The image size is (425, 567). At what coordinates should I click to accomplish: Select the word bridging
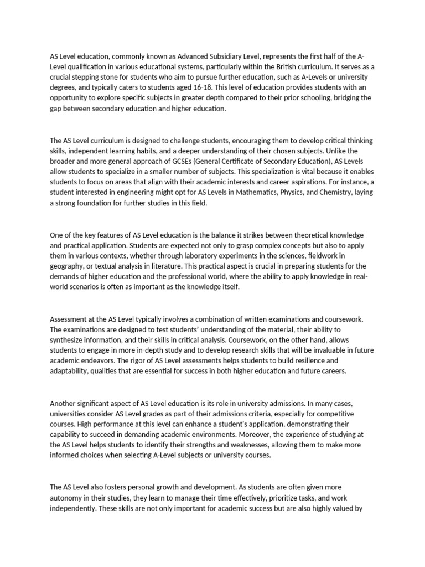pos(344,97)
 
